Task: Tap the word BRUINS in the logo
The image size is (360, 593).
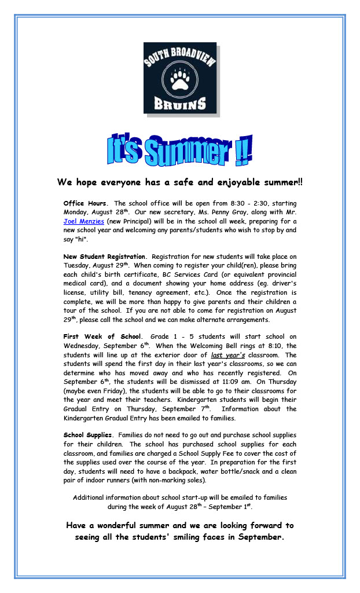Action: [179, 104]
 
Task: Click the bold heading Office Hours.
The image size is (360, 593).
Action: [85, 203]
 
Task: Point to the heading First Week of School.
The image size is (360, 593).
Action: [102, 336]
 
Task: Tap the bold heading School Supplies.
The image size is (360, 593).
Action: [88, 435]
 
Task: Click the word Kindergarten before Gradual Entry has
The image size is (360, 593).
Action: [86, 418]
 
